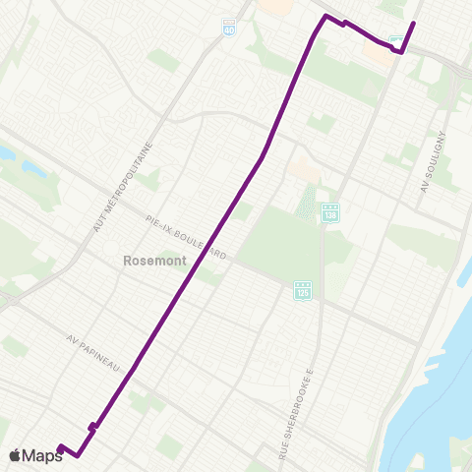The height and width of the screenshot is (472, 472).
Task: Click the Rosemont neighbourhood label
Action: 148,262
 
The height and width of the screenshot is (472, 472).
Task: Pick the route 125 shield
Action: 302,291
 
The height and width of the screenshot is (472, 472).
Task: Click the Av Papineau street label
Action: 93,352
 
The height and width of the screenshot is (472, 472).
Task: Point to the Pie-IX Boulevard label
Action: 186,237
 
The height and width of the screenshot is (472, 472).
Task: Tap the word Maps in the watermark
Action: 43,455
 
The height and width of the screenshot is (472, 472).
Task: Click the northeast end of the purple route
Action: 413,23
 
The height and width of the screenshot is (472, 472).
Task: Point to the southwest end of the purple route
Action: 60,448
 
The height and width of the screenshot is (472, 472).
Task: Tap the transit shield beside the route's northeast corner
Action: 396,41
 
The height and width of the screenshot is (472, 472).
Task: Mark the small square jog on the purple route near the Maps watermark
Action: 91,426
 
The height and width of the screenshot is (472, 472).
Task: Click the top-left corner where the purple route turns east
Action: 325,17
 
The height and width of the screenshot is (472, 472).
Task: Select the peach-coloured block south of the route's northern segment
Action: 305,169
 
